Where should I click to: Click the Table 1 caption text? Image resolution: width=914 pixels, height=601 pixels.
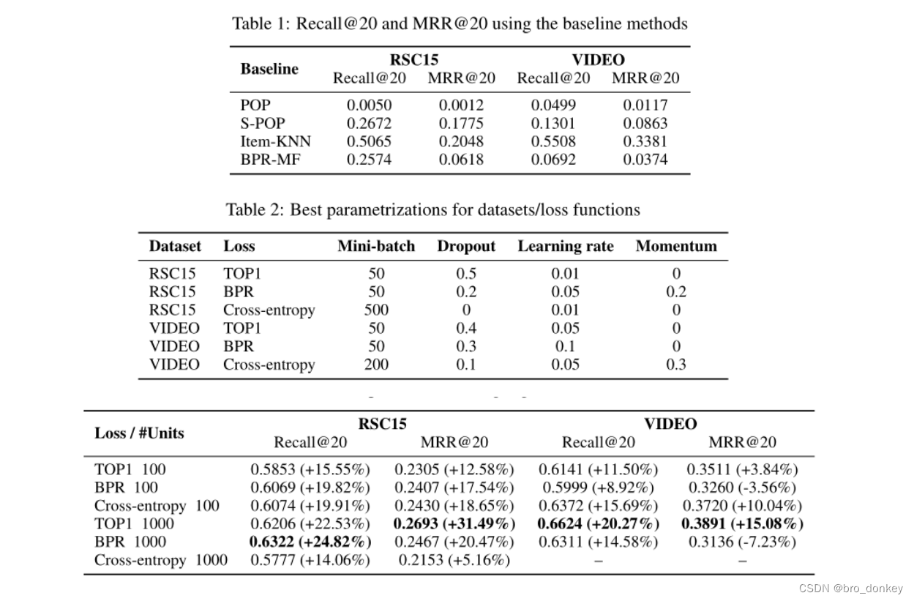tap(460, 23)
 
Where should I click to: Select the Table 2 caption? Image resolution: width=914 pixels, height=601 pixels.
tap(432, 210)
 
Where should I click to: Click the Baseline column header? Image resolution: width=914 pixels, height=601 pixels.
tap(269, 69)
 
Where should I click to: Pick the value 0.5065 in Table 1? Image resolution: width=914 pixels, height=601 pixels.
tap(369, 141)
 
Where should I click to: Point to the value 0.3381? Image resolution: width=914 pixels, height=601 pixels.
tap(645, 141)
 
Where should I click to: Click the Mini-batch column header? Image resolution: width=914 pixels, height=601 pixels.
tap(376, 246)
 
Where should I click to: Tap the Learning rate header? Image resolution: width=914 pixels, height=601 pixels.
tap(566, 246)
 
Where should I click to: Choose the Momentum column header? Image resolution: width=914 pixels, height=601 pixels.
tap(676, 246)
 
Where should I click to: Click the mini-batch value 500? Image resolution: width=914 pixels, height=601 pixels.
tap(376, 310)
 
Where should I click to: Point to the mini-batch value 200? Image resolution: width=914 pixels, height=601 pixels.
tap(376, 365)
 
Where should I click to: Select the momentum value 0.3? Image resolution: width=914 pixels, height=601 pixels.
tap(676, 365)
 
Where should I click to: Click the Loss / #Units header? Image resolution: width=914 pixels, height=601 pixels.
tap(139, 433)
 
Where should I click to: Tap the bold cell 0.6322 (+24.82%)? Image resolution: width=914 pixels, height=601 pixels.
tap(310, 542)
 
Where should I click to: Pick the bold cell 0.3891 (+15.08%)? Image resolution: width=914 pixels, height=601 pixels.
tap(742, 523)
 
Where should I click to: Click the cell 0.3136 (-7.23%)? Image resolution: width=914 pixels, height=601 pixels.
tap(742, 542)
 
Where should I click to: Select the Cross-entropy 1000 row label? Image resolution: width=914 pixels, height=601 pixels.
tap(161, 560)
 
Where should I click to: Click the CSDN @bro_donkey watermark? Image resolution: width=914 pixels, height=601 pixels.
tap(850, 589)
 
